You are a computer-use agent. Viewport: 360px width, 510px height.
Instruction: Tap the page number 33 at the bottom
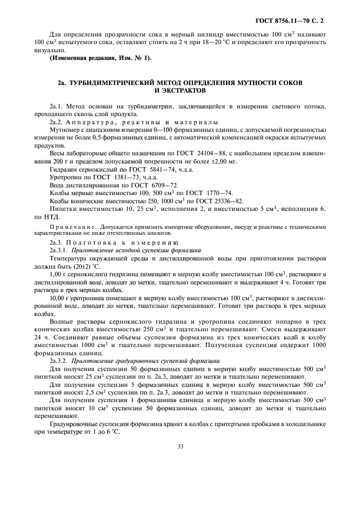180,446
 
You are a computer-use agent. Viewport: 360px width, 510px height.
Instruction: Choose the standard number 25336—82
228,201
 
